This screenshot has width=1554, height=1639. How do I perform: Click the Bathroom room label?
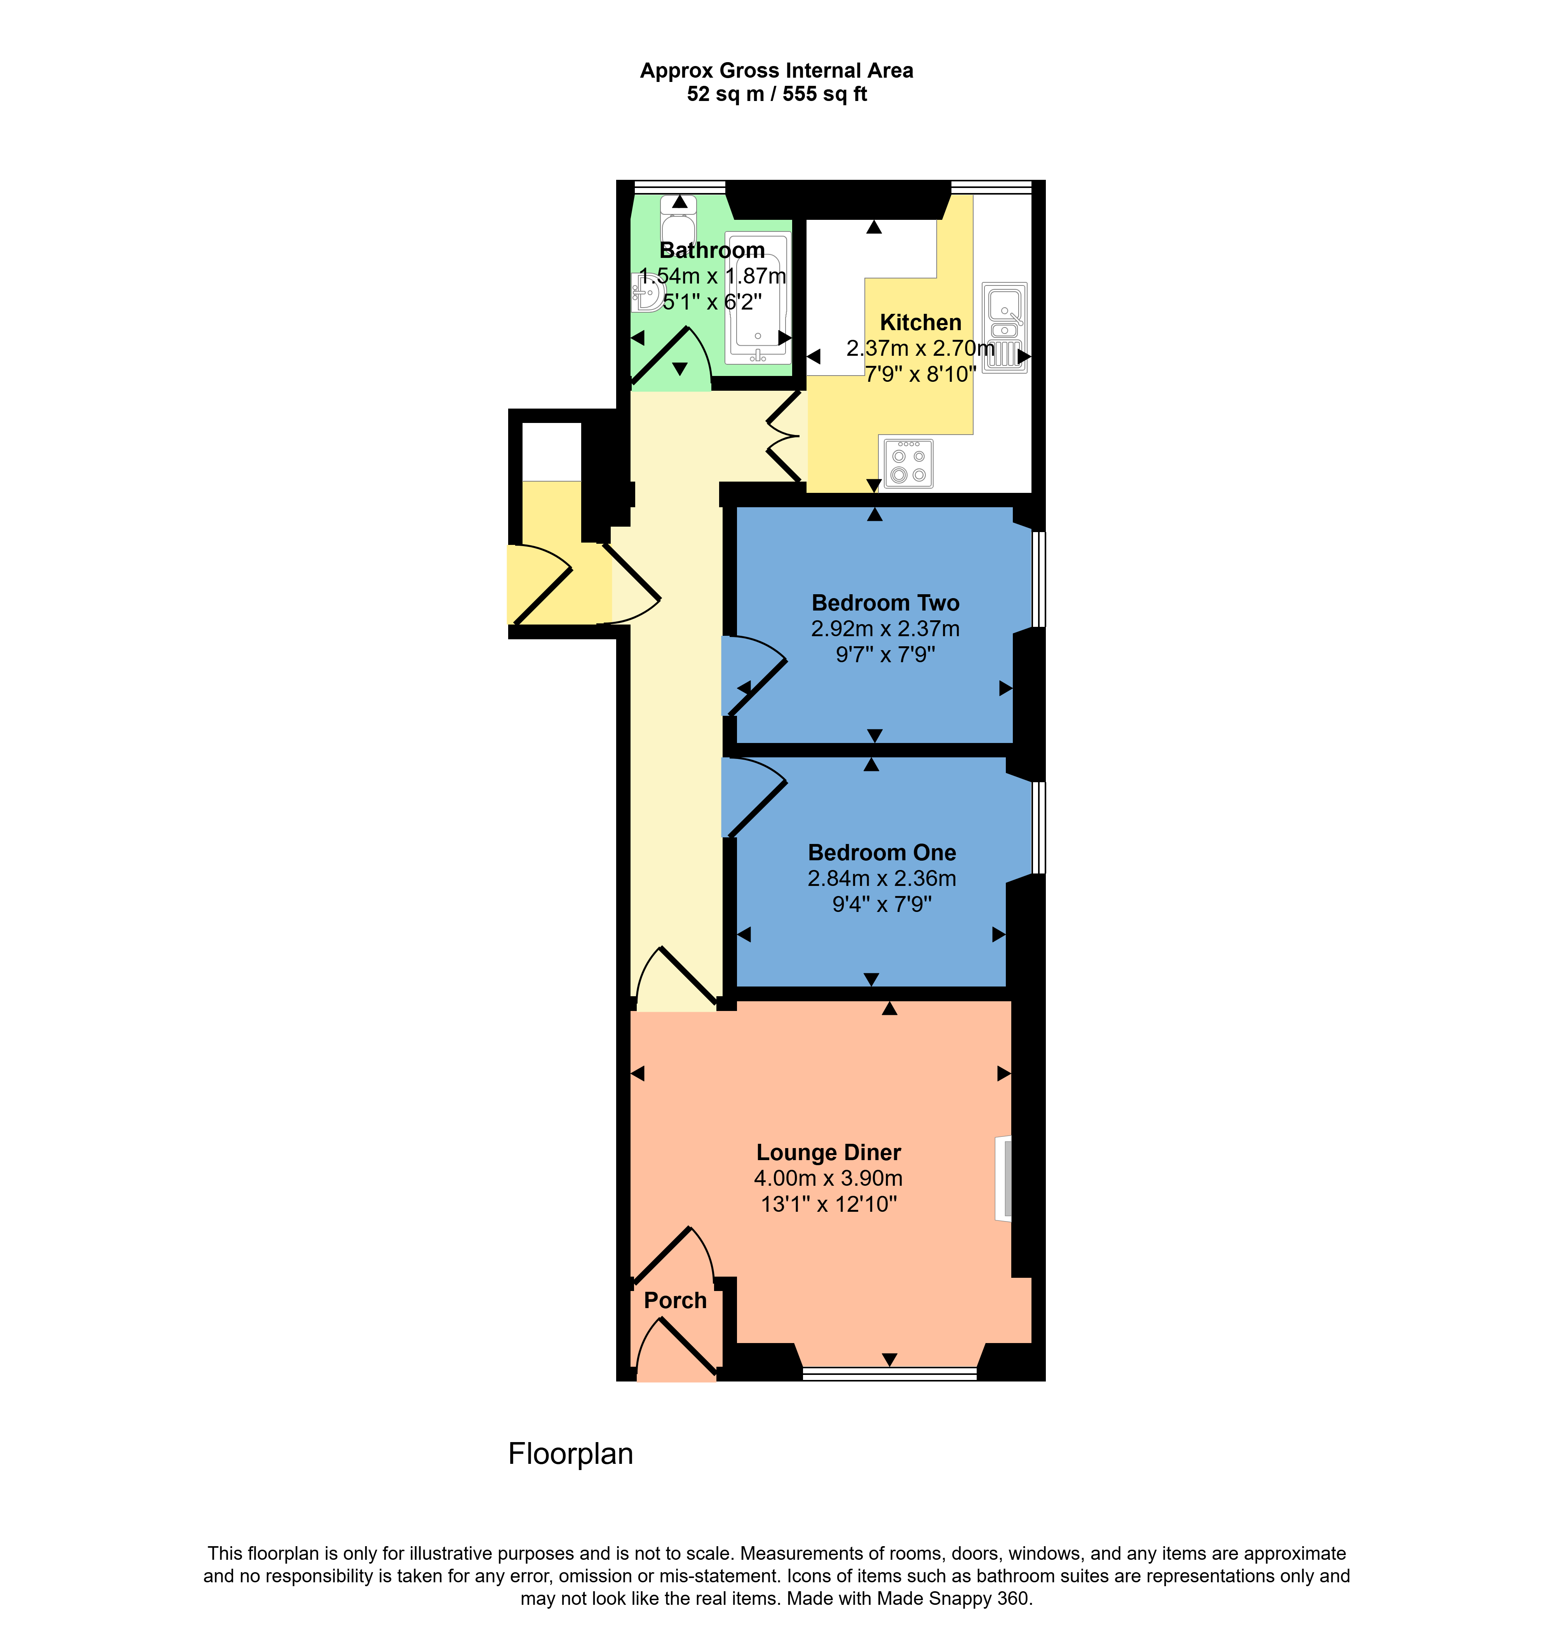712,250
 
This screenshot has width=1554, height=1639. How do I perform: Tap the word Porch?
675,1300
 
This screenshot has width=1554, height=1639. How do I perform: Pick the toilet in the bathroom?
678,219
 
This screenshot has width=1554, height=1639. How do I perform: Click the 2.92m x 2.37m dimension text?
885,628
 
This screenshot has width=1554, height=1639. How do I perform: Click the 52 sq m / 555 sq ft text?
777,94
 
